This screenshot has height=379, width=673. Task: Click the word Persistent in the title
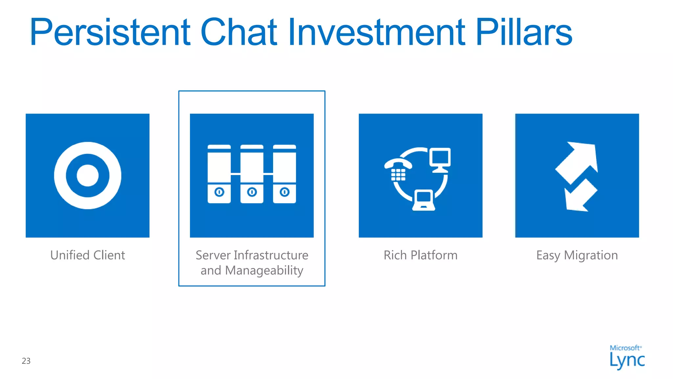110,32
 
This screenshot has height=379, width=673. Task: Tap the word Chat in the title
239,32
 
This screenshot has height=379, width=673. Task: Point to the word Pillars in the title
524,32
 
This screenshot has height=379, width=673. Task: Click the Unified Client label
87,255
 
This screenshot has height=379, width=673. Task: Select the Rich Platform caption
420,255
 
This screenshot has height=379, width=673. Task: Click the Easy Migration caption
577,255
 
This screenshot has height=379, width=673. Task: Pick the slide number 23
26,361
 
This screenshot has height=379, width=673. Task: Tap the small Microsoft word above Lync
625,348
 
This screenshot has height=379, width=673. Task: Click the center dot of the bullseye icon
87,176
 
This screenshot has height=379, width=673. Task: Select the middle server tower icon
252,174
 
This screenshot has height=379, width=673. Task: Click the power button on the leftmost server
219,192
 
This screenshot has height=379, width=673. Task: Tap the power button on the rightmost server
285,192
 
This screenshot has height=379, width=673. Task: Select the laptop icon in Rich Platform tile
424,200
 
